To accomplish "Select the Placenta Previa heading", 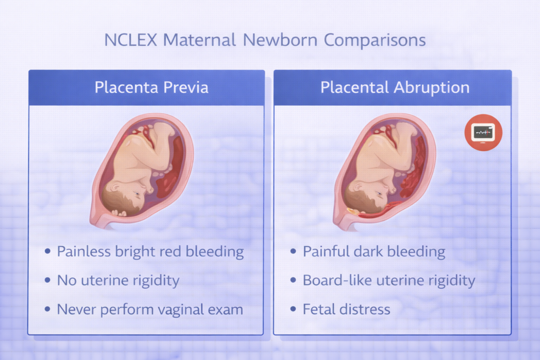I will tap(151, 87).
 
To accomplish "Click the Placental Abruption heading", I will tap(395, 87).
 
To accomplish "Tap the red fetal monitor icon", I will tap(484, 133).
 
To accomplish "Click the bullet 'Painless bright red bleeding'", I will tap(150, 251).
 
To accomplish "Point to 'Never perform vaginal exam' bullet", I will tap(150, 309).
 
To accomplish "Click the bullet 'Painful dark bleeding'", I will tap(374, 251).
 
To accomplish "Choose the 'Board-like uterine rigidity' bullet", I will tap(389, 280).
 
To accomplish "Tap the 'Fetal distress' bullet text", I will tap(346, 309).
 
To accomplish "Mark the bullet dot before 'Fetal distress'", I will tap(293, 309).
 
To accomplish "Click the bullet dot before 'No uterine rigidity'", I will tap(47, 280).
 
